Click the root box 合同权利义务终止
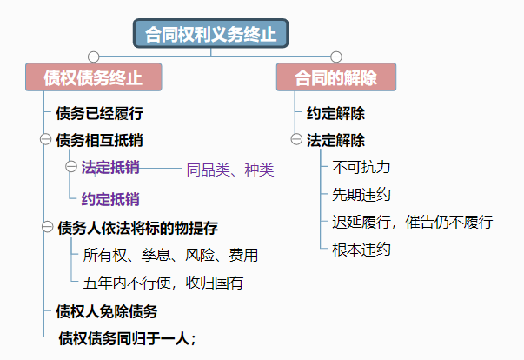pos(210,35)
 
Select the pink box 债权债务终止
pos(93,77)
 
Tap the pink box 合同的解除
pos(335,77)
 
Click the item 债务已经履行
pos(99,113)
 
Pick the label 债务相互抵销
pos(99,139)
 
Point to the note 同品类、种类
pos(230,170)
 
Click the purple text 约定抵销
pos(110,198)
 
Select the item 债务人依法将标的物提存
pos(137,228)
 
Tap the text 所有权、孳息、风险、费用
pos(170,256)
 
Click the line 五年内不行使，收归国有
pos(163,282)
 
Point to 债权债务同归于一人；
pos(127,337)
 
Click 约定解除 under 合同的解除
pos(335,113)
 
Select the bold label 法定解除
pos(335,139)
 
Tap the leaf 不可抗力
pos(361,167)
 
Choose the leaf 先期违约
pos(361,194)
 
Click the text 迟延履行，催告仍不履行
pos(413,222)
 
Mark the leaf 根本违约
pos(361,250)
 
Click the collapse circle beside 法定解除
pos(295,139)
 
